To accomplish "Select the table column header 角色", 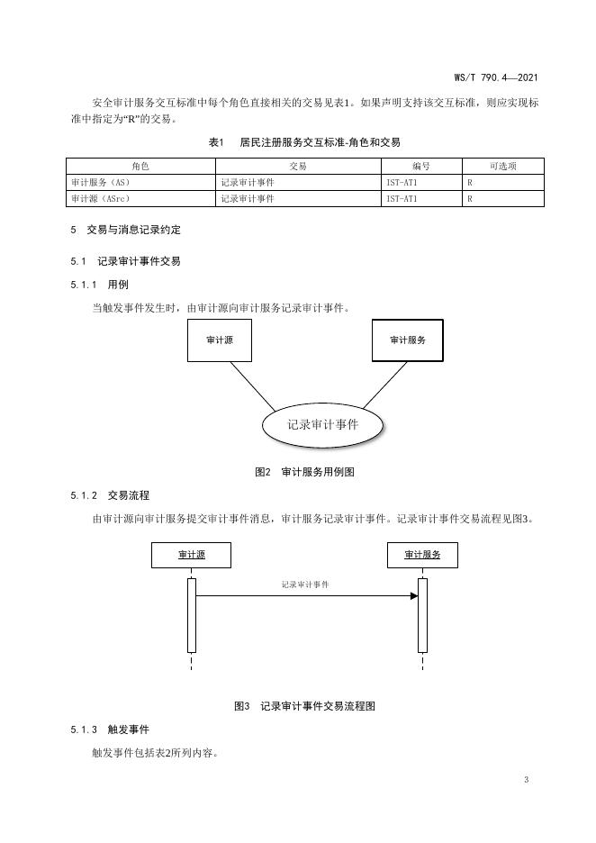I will coord(140,166).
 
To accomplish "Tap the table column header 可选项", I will coord(502,166).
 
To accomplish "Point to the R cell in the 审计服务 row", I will coord(470,182).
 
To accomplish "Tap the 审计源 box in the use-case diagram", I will coord(219,340).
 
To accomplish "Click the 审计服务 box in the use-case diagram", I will coord(408,340).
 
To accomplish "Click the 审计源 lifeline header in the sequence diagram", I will coord(191,556).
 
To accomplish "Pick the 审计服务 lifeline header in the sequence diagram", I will coord(422,556).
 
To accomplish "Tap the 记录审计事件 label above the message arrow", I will coord(304,585).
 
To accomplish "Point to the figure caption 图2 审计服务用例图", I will coord(310,471).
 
